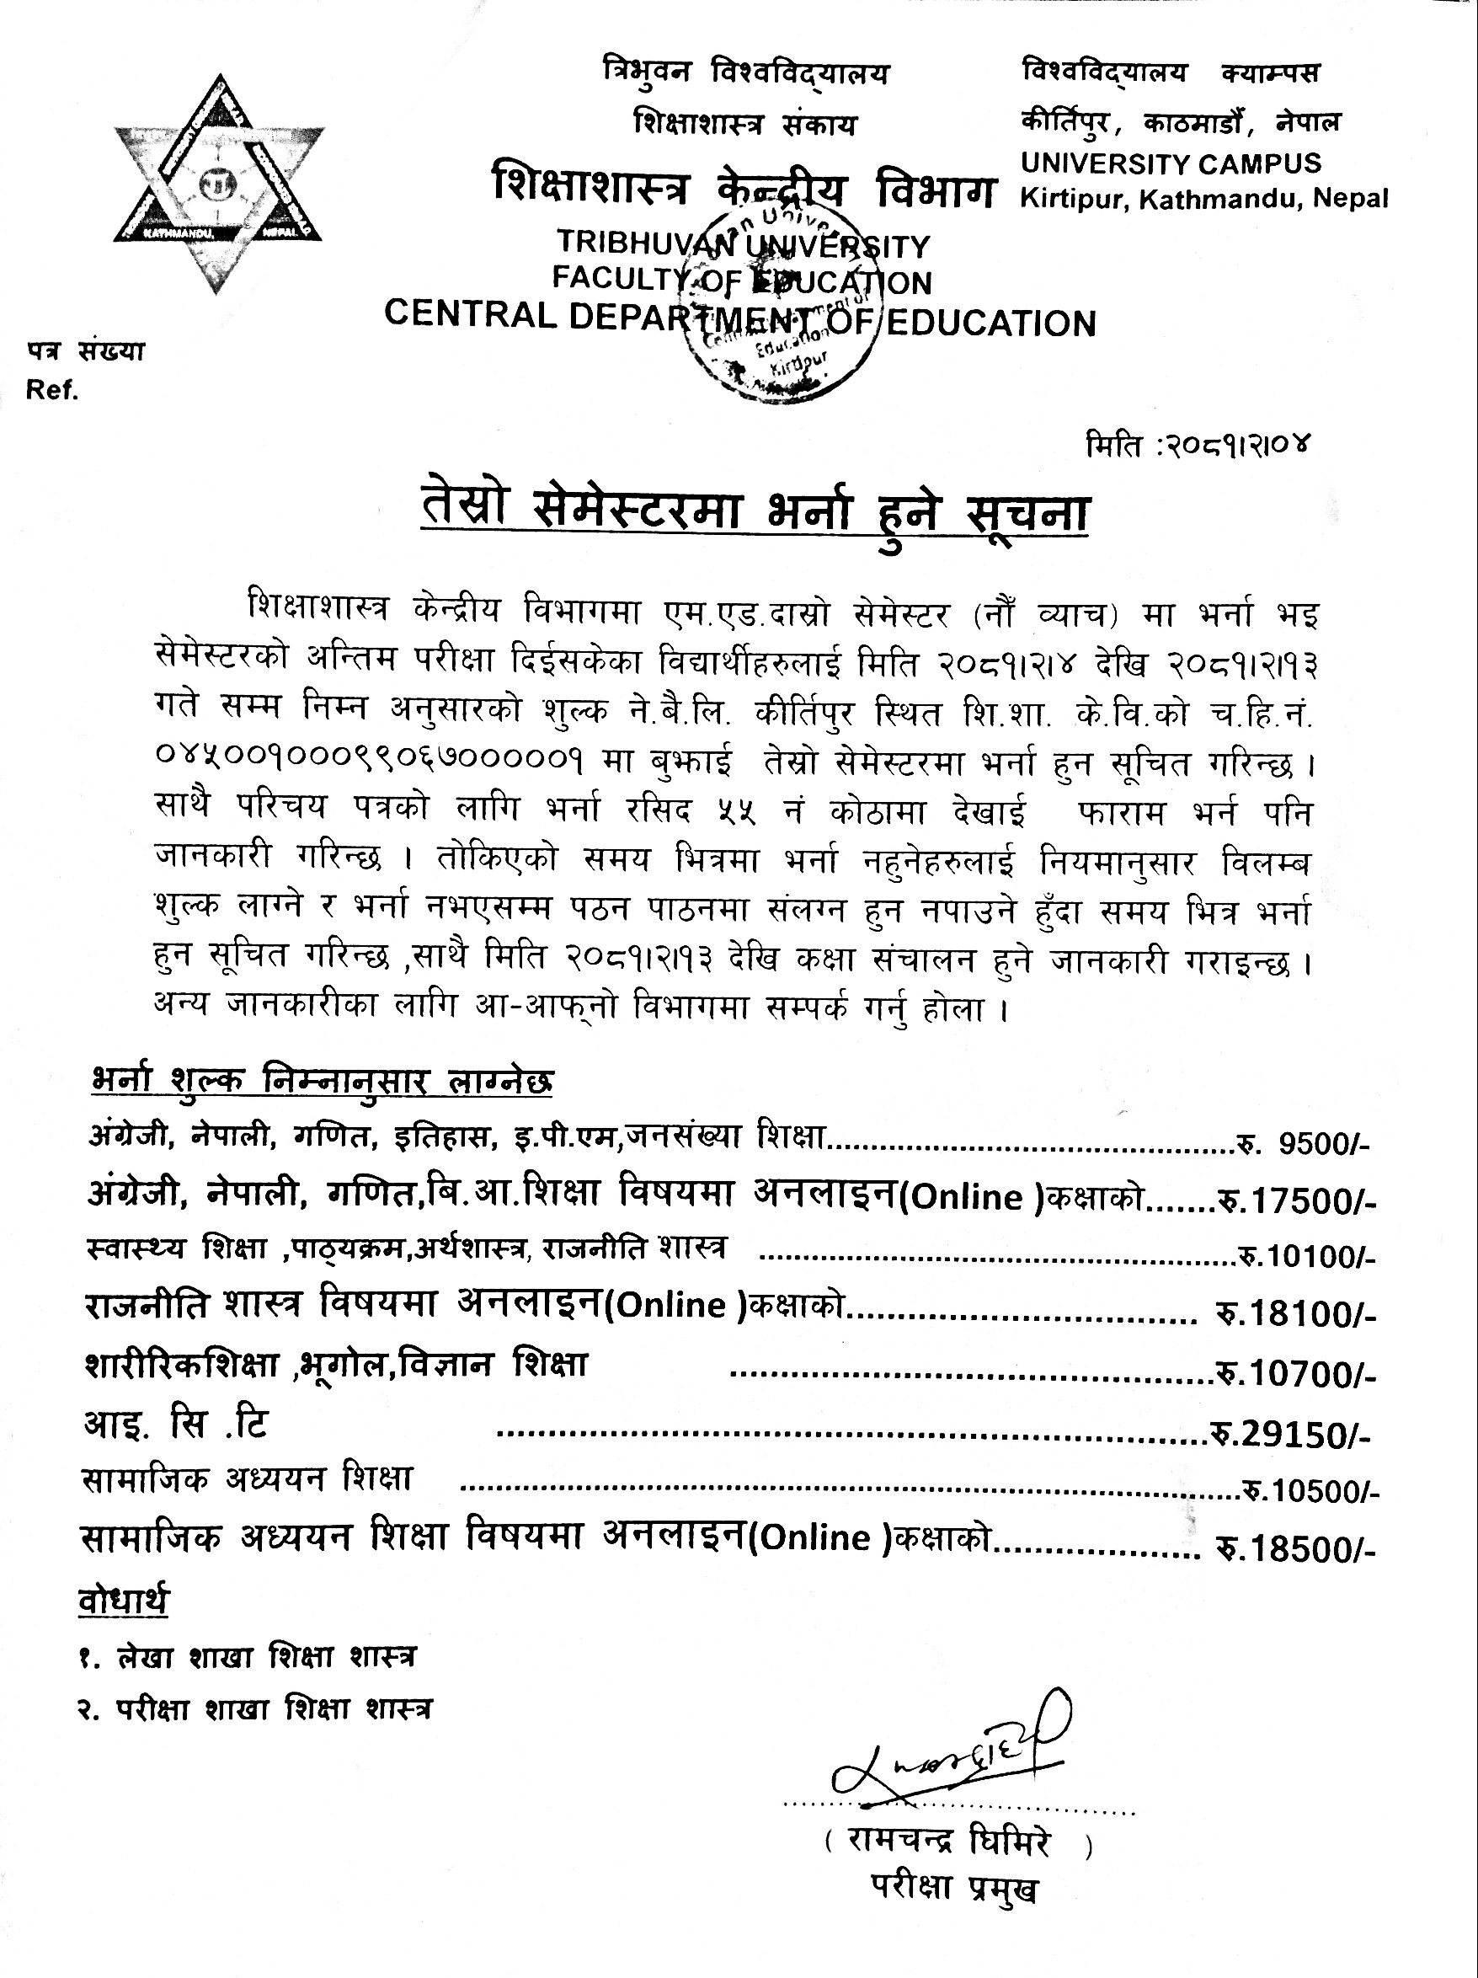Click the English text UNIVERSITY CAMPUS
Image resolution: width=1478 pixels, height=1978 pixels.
coord(1171,163)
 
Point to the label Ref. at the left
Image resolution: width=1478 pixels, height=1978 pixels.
coord(52,391)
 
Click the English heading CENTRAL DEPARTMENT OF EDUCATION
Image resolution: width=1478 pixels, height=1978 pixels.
coord(739,319)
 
